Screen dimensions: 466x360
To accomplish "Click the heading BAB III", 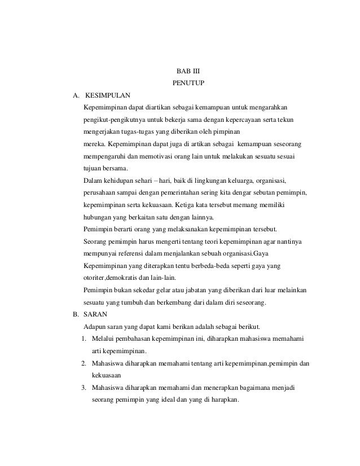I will tap(185, 72).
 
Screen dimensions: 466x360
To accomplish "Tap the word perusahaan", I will tap(100, 194).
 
